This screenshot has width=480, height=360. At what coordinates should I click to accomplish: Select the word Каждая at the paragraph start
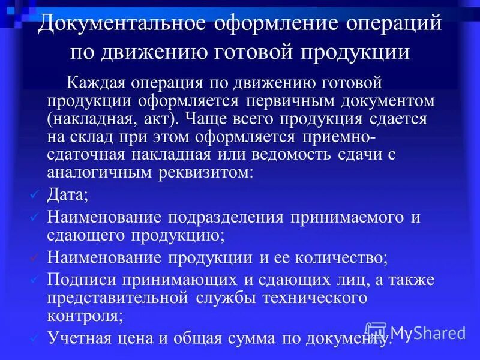tap(97, 82)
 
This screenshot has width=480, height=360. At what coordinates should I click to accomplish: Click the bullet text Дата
tap(67, 195)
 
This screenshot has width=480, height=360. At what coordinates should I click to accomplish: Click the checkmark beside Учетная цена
tap(35, 337)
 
